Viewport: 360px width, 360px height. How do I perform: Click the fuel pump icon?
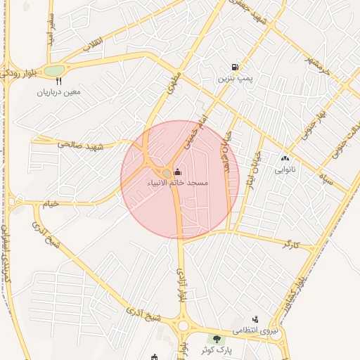pos(233,67)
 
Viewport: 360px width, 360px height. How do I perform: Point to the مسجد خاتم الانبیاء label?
pos(177,183)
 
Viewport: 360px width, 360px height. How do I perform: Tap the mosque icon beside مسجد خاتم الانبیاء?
pos(176,172)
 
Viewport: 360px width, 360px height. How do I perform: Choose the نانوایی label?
pos(285,169)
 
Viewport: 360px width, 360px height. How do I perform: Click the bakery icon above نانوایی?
pos(285,159)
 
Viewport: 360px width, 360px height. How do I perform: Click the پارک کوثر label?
pos(216,349)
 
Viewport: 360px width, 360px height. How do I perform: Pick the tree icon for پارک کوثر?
pos(217,339)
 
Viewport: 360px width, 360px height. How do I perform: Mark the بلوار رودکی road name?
pos(13,77)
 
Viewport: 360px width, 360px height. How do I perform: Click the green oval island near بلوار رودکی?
pos(54,70)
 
